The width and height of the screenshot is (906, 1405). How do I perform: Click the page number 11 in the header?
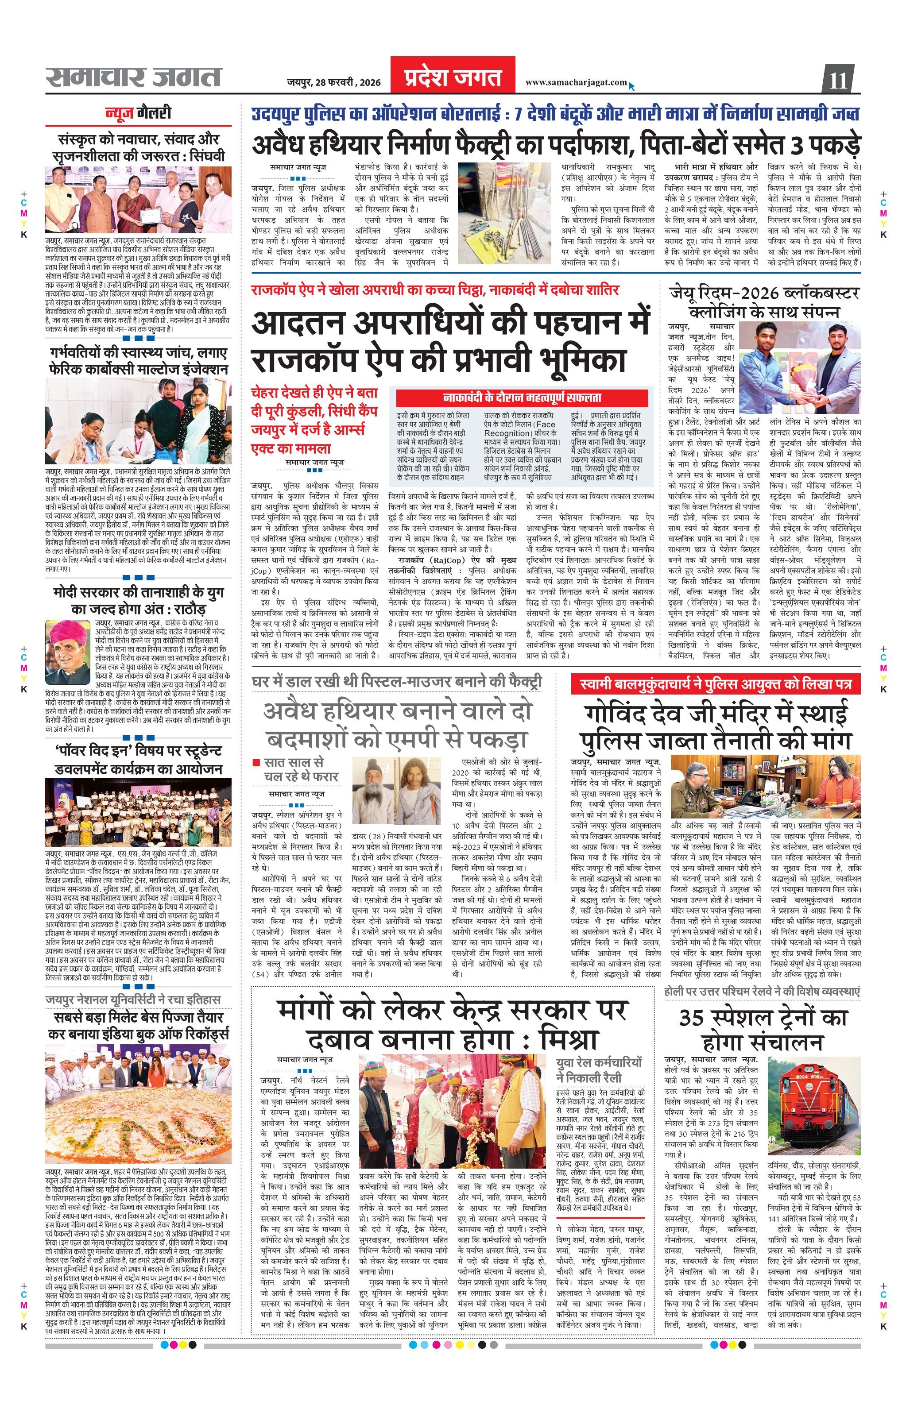(838, 79)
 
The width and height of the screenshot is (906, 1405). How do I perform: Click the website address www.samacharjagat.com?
(575, 82)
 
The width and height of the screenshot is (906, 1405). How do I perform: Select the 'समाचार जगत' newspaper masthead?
(134, 77)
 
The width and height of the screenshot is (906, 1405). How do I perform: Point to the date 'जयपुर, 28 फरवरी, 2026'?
(333, 82)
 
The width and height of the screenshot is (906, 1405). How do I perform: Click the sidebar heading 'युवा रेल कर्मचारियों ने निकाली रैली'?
(599, 1070)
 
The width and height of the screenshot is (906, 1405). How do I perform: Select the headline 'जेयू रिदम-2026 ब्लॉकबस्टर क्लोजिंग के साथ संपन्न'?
(764, 301)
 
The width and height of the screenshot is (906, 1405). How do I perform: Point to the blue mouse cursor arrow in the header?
(632, 86)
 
